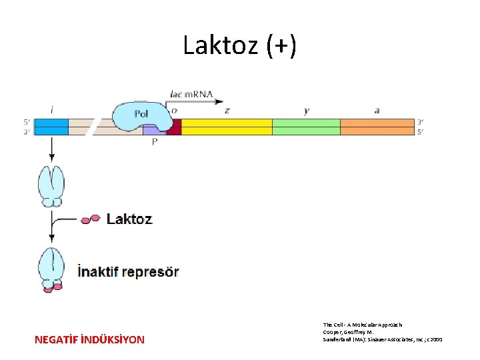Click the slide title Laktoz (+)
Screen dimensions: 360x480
pos(240,46)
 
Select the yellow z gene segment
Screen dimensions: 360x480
pos(227,127)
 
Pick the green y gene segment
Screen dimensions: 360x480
pos(306,127)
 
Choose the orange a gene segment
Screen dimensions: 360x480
pos(377,127)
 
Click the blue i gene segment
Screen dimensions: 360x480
pos(51,127)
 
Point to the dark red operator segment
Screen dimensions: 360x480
pos(174,127)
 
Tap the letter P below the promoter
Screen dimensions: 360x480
pos(155,142)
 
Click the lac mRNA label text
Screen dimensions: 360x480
pos(191,94)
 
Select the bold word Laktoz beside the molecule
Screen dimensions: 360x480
pos(129,219)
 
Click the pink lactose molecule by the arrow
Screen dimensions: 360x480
pos(91,219)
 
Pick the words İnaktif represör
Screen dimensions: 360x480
pos(128,271)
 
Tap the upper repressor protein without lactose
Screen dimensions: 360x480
pos(51,185)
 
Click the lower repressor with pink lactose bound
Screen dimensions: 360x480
pos(51,268)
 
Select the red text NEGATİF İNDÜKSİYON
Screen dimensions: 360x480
pos(89,340)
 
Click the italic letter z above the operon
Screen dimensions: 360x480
pos(227,110)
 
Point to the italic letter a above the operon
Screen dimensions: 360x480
pos(377,110)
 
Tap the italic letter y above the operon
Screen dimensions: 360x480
pos(306,111)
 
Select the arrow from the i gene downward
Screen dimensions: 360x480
pos(51,149)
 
